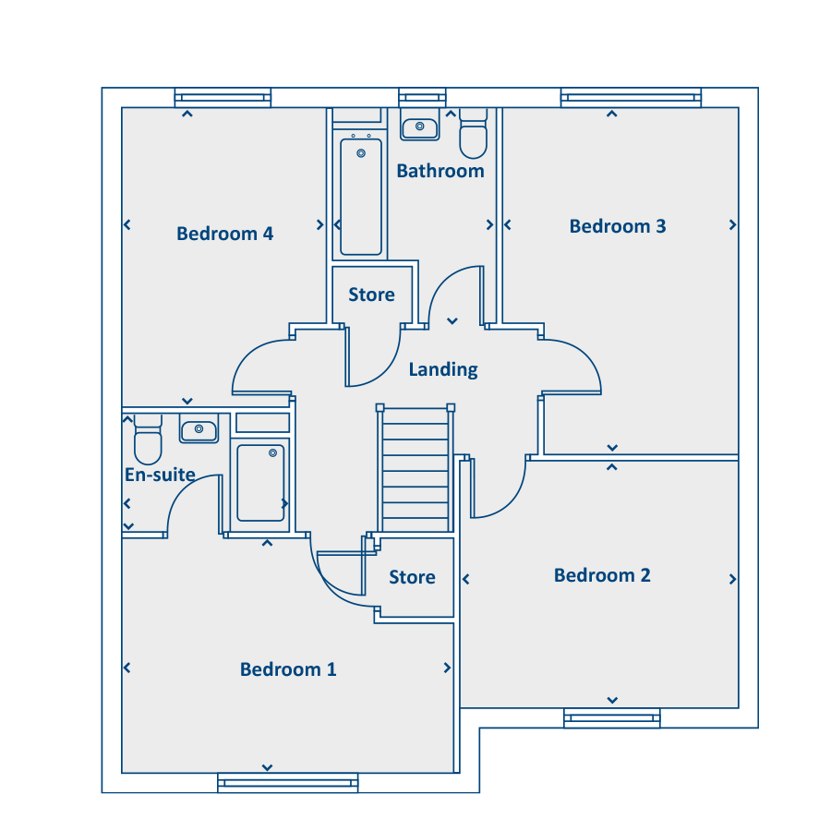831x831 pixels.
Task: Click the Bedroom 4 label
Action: pos(224,234)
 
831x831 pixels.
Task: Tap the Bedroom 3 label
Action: pos(618,226)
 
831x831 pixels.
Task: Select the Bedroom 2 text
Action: pos(602,575)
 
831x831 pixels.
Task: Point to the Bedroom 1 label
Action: pos(288,669)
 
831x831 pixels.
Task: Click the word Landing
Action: pos(443,369)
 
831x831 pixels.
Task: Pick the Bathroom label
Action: pos(440,171)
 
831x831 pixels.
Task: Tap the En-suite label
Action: pos(160,475)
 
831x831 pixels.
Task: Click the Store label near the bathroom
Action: pos(371,295)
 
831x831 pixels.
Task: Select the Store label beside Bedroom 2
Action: pos(413,577)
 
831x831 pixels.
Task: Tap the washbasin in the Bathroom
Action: pos(420,126)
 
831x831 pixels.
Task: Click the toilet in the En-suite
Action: pos(148,440)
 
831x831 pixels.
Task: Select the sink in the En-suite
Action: pos(199,428)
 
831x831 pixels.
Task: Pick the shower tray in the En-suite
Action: pos(260,483)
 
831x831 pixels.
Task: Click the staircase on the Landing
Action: pos(415,468)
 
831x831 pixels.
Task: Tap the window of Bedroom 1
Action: pos(288,783)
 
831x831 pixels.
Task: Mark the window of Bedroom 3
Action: pos(631,98)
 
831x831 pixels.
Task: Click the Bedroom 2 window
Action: pos(612,718)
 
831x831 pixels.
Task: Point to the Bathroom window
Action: pos(422,98)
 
